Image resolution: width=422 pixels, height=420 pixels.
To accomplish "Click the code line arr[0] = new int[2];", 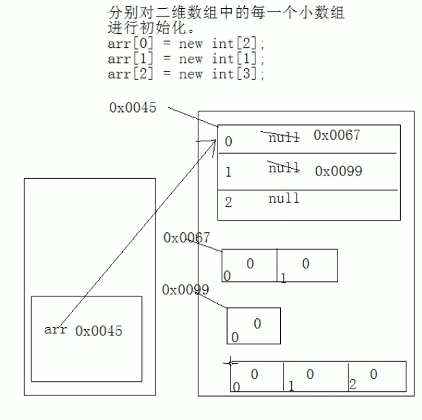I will coord(186,44).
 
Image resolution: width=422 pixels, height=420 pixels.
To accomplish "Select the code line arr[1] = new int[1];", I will coord(186,59).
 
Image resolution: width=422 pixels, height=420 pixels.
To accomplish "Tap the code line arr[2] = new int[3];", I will coord(186,74).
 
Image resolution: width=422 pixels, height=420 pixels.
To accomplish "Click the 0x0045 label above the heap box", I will coord(132,107).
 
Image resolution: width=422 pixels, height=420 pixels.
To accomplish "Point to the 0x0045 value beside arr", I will coord(99,331).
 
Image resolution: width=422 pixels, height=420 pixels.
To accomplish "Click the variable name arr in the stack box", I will coord(55,330).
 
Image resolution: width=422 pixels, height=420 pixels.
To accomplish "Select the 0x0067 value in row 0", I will coord(337,135).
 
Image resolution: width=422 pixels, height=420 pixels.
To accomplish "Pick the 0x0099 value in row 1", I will coord(338,171).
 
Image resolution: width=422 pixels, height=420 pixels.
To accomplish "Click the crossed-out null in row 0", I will coord(283,137).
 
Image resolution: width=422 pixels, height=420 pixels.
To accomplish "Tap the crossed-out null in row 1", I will coord(284,167).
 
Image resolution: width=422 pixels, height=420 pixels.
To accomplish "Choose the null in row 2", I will coord(284,198).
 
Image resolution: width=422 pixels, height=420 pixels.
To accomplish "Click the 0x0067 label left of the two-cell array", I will coord(186,238).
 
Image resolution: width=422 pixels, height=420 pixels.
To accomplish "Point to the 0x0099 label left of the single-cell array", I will coord(185,290).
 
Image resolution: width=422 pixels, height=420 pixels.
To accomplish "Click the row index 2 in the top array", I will coord(228,202).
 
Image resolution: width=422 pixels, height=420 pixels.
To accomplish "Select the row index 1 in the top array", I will coord(228,172).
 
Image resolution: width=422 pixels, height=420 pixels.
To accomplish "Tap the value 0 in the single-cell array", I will coord(257,324).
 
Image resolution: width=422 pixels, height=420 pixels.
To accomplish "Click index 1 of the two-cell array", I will coord(283,277).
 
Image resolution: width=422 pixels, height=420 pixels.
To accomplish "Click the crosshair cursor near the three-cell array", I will coord(231,362).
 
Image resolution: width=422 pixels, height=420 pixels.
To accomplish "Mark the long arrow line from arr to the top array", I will coord(136,232).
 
